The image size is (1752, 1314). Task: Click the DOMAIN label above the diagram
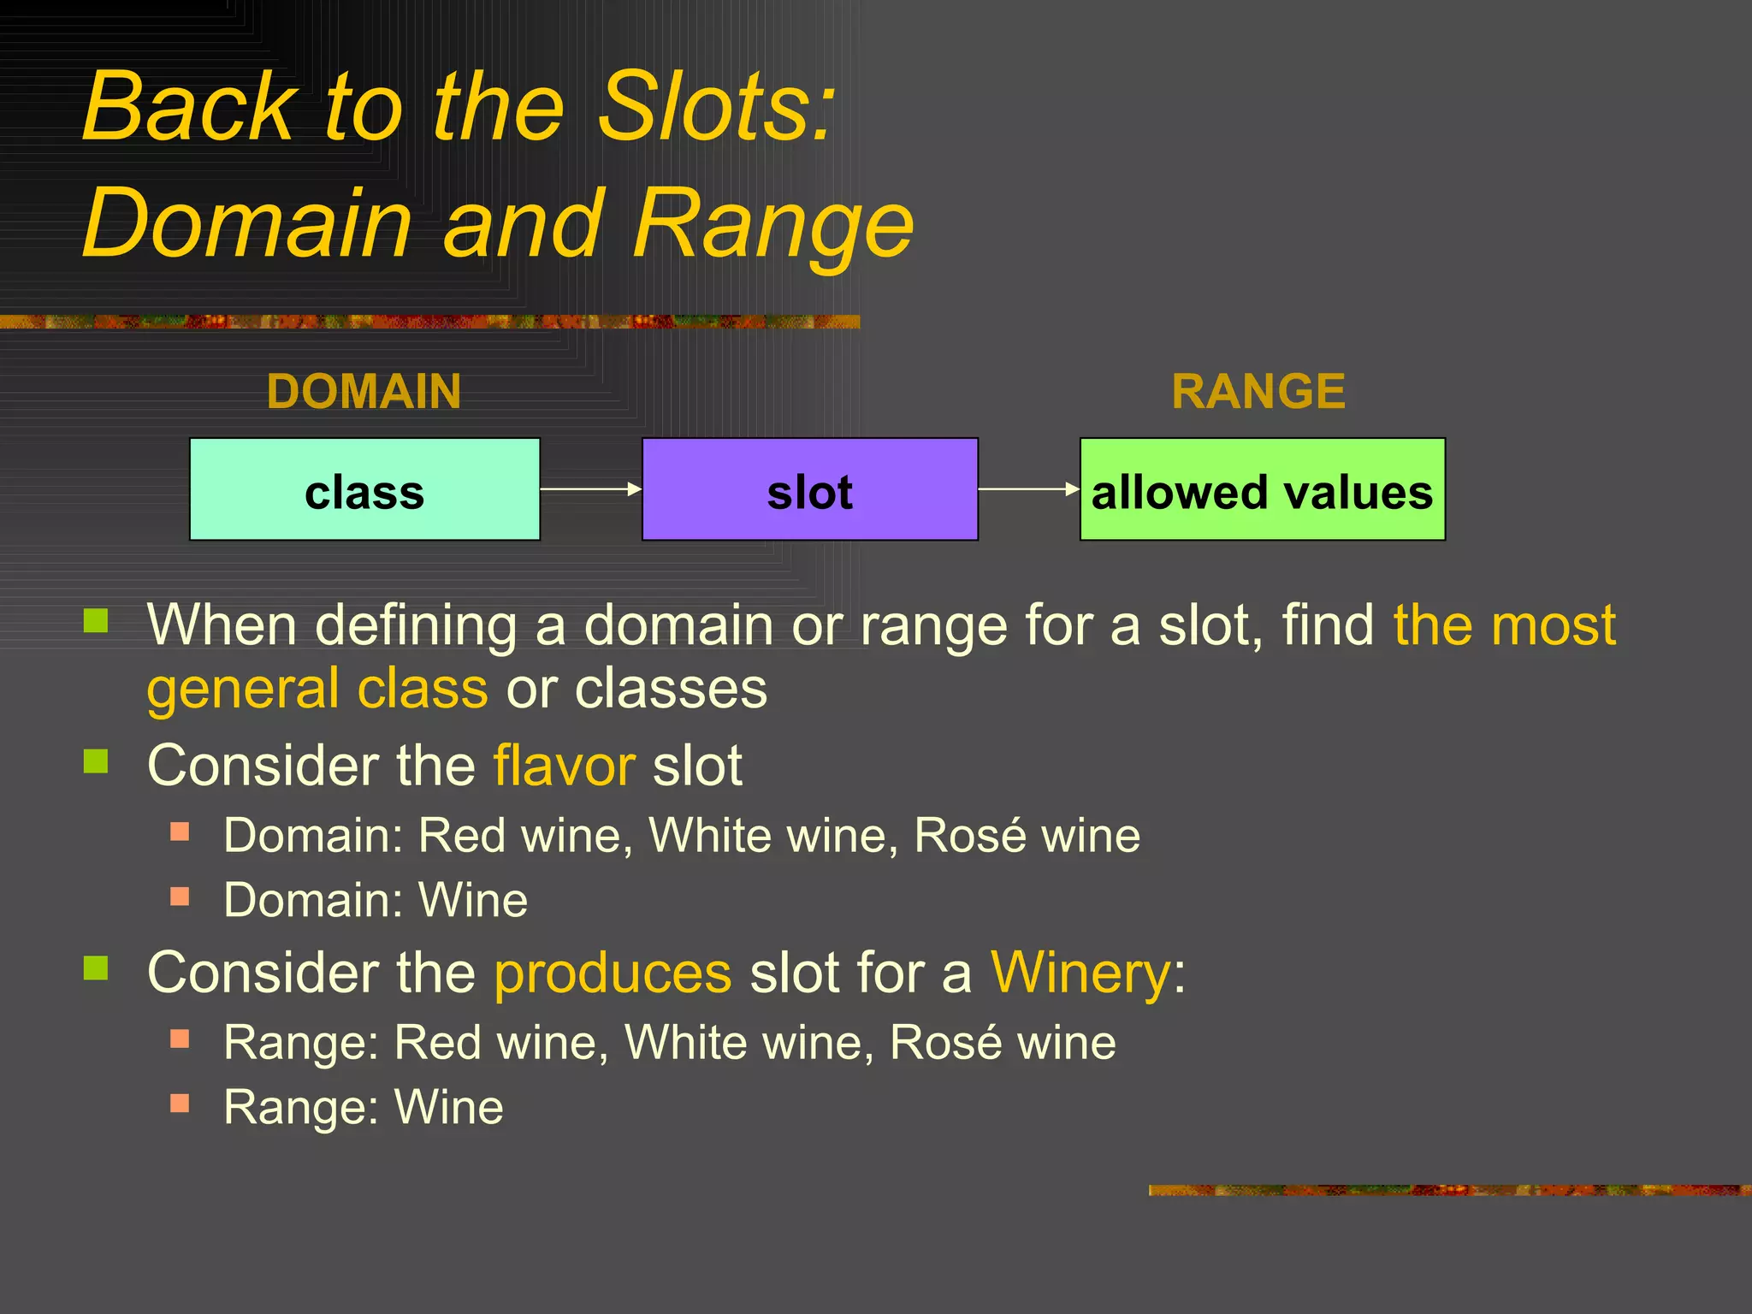click(x=364, y=392)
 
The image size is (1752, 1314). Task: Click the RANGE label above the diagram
click(x=1258, y=392)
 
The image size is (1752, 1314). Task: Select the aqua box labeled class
click(x=364, y=489)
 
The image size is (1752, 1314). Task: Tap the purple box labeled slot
click(x=809, y=489)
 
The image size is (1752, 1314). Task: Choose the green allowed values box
click(x=1263, y=489)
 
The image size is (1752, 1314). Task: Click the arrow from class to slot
click(x=590, y=489)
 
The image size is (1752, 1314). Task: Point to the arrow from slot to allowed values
click(x=1028, y=489)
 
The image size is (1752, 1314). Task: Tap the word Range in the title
click(x=773, y=224)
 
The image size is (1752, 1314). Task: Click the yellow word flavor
click(x=564, y=765)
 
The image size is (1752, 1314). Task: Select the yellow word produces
click(x=613, y=973)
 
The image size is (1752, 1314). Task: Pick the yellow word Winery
click(x=1080, y=973)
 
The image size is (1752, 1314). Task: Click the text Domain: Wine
click(x=376, y=900)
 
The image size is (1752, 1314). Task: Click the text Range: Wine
click(x=364, y=1107)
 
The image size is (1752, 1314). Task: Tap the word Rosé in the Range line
click(x=944, y=1043)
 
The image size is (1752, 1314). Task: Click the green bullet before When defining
click(x=96, y=620)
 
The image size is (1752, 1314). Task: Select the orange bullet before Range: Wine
click(x=180, y=1103)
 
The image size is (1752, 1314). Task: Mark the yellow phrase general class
click(x=317, y=689)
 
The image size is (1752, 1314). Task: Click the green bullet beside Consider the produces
click(x=96, y=968)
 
